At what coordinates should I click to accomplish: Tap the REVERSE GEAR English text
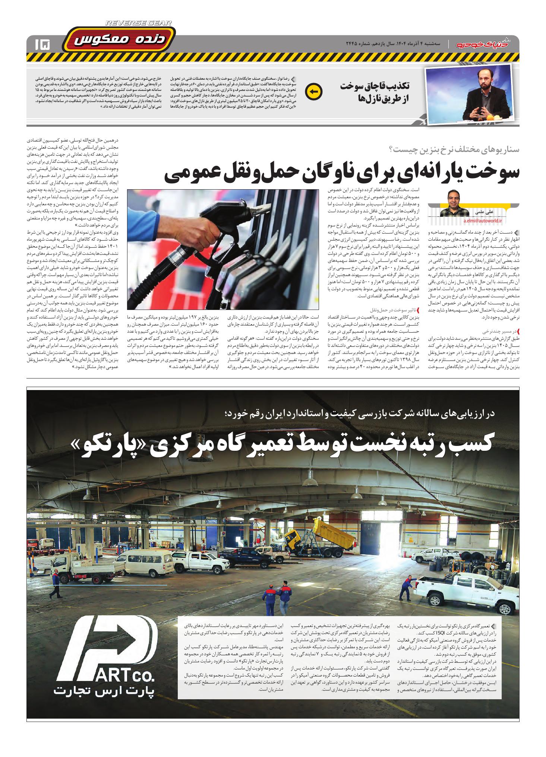click(139, 23)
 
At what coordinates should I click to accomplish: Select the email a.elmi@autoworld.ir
click(483, 221)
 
